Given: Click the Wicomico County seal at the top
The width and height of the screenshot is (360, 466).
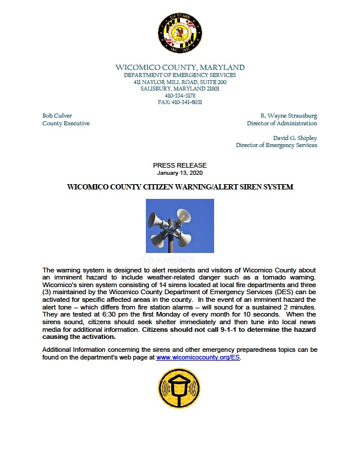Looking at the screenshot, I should point(179,33).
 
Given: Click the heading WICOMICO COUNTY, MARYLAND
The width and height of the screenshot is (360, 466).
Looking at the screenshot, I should point(180,68).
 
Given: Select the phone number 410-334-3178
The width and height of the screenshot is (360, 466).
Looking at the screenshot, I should point(180,95).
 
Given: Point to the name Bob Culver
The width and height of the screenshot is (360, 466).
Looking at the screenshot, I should point(57,116).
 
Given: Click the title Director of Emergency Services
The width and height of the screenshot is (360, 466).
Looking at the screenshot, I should point(276,145).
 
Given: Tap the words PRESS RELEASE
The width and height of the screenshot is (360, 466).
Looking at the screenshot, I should point(179,165).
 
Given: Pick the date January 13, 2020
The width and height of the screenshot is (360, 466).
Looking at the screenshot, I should point(179,173).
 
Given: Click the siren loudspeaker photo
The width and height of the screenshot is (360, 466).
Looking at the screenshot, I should point(180,226).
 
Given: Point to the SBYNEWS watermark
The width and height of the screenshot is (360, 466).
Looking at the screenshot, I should point(179,258).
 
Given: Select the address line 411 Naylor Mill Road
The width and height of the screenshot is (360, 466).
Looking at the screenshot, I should point(180,82).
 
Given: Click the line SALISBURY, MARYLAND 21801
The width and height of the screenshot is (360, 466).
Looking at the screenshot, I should point(180,88).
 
